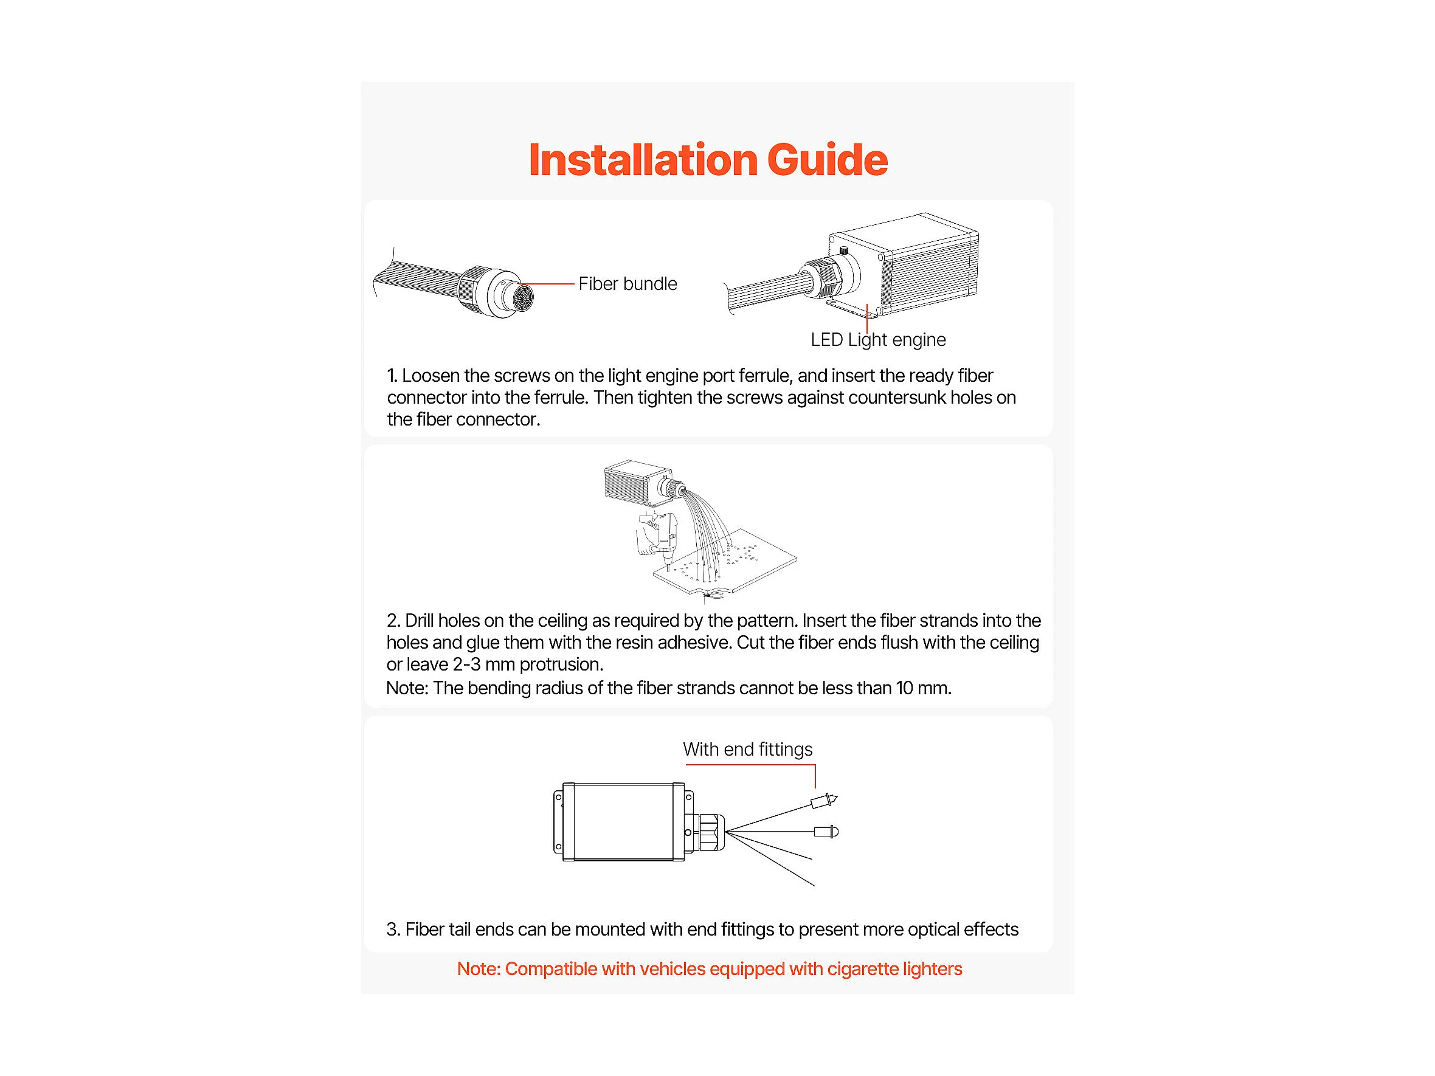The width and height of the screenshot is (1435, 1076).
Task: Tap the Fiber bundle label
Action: coord(628,284)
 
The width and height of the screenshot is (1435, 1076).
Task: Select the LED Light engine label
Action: coord(878,340)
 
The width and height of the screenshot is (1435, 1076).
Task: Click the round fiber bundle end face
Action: coord(522,298)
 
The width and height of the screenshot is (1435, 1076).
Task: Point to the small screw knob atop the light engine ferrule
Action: coord(844,250)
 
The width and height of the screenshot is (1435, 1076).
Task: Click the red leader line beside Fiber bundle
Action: coord(548,284)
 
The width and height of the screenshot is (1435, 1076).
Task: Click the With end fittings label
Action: coord(747,750)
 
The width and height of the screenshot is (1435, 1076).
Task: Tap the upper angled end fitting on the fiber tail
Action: coord(824,802)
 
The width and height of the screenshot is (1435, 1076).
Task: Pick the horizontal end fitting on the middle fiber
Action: coord(826,832)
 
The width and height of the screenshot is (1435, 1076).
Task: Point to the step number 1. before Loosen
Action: coord(392,376)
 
